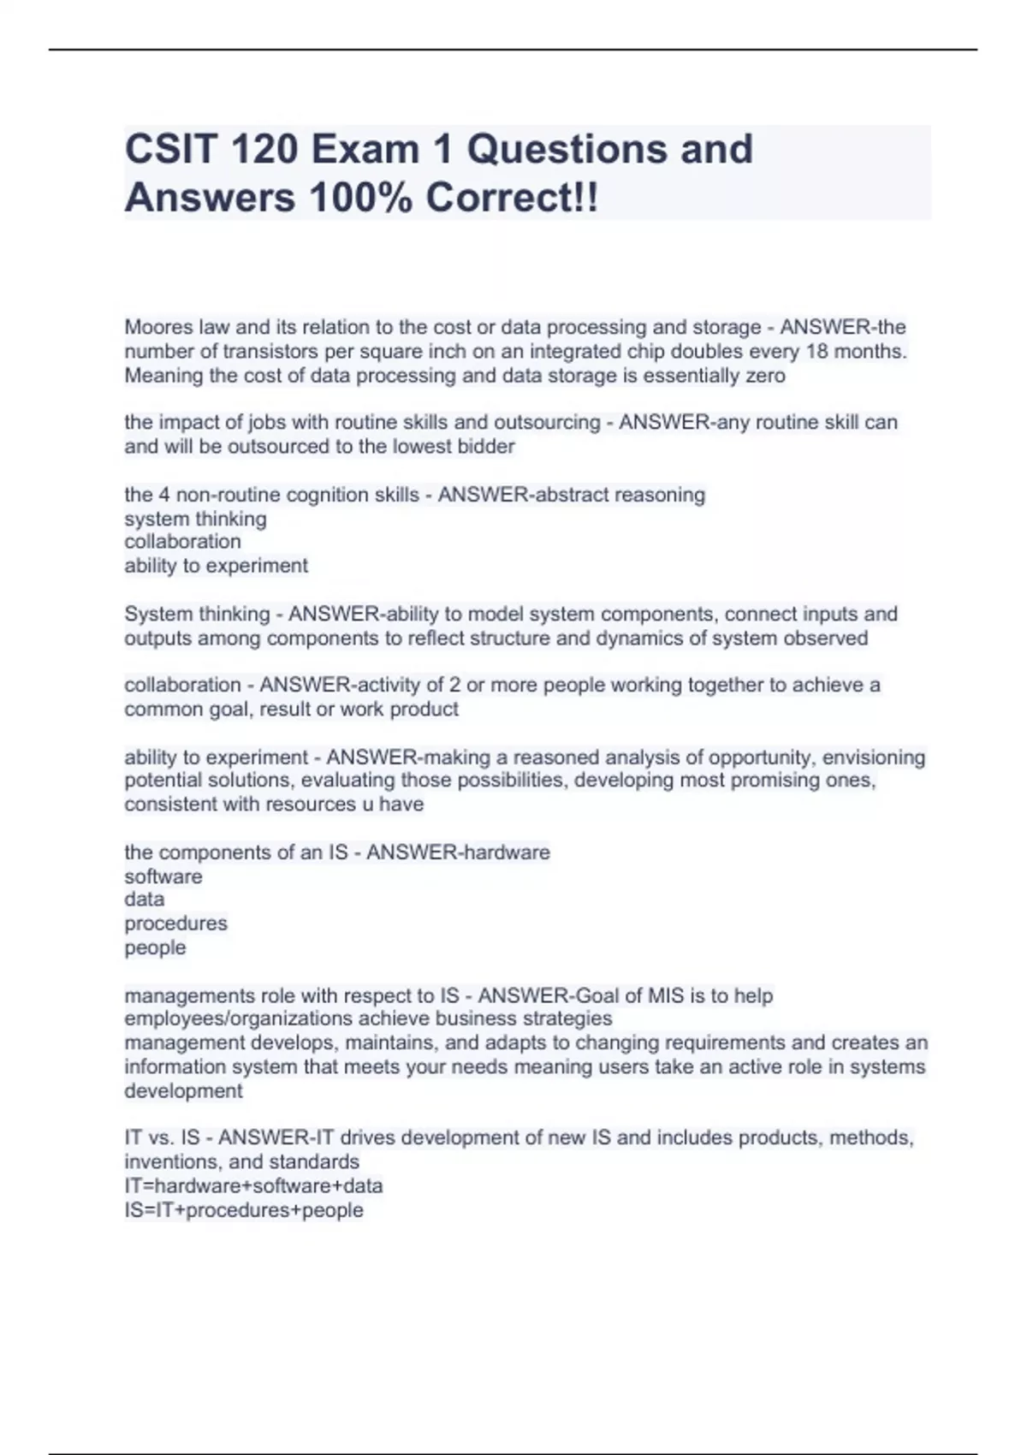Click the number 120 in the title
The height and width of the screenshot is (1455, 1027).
(x=263, y=149)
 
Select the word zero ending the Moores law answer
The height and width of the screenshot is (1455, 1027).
(x=764, y=375)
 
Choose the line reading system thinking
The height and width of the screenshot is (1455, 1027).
(x=195, y=519)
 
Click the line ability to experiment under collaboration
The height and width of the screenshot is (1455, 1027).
(x=216, y=566)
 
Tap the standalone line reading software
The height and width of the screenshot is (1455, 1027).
(x=163, y=876)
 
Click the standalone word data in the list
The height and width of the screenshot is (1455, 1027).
(x=144, y=900)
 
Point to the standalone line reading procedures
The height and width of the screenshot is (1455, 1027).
(x=175, y=923)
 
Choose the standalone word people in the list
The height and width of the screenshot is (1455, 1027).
(x=155, y=947)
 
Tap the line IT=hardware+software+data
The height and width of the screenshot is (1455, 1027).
(x=253, y=1185)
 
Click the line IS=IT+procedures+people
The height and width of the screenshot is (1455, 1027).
(x=244, y=1210)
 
